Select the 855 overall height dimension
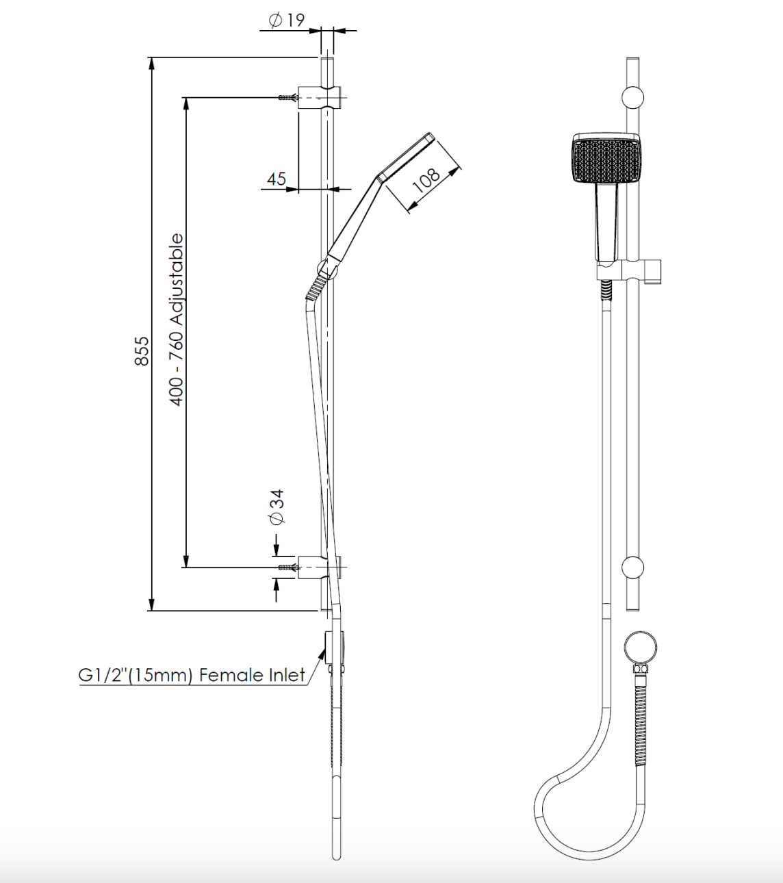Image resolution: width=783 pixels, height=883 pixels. pyautogui.click(x=141, y=350)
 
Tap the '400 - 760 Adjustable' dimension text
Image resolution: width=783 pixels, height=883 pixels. pyautogui.click(x=177, y=319)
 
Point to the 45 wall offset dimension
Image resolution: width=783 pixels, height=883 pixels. pyautogui.click(x=277, y=179)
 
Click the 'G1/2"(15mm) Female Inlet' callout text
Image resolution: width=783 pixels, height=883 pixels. pyautogui.click(x=192, y=675)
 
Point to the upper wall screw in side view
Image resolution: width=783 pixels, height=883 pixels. pyautogui.click(x=287, y=98)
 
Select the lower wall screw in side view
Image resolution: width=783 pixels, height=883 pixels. pyautogui.click(x=287, y=567)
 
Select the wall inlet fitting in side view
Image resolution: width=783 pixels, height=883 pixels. pyautogui.click(x=334, y=647)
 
